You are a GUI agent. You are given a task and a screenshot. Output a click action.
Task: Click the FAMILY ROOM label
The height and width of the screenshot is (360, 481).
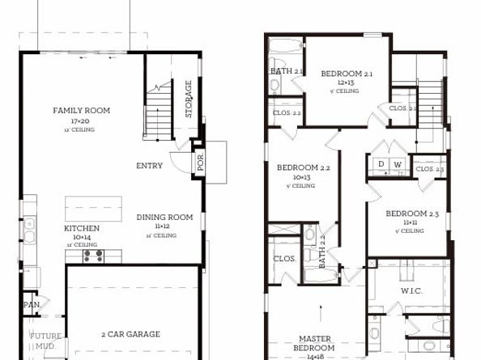point(81,111)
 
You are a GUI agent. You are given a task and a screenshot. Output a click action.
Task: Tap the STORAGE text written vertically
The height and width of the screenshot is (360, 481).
point(189,99)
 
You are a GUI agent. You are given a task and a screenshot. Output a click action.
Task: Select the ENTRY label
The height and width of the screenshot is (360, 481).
point(149,166)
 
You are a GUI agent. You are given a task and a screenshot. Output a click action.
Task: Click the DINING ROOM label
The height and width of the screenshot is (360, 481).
point(164,217)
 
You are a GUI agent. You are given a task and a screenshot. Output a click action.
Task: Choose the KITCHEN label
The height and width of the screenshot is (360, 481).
point(82,229)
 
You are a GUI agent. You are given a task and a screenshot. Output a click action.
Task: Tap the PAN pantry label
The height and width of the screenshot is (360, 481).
point(31,305)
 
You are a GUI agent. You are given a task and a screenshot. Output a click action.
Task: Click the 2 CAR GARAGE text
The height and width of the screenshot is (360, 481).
point(130,333)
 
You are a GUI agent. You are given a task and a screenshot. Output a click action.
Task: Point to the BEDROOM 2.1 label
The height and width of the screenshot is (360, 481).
point(347,74)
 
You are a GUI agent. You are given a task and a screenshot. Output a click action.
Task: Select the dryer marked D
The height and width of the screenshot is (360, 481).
point(381,164)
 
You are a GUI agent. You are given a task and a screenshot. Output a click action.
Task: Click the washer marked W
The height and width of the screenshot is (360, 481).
point(398,164)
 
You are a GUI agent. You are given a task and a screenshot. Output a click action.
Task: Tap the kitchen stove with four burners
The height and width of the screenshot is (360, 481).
point(93,256)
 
